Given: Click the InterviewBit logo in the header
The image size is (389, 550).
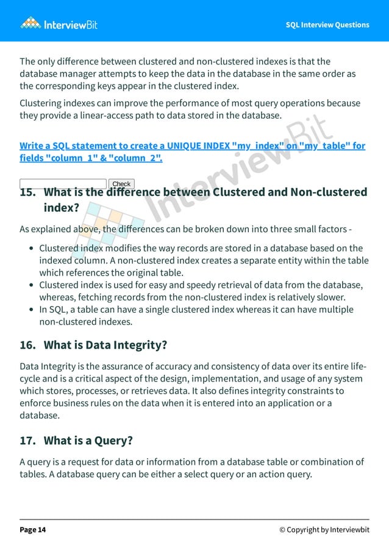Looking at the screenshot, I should (x=59, y=24).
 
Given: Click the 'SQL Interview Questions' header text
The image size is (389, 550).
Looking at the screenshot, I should (x=327, y=25).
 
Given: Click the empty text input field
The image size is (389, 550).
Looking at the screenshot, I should (x=63, y=184).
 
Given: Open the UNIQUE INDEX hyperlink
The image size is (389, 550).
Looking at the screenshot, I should (x=192, y=152).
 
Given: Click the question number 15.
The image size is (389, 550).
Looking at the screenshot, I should (x=28, y=193).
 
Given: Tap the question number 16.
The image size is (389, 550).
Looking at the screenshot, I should (x=28, y=346).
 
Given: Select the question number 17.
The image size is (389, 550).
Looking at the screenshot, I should (x=28, y=440).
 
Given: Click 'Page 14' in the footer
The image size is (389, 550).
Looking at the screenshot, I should (x=33, y=530).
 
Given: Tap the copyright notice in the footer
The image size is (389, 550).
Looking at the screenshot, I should (x=324, y=530).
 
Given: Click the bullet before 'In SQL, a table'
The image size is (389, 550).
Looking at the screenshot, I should (x=31, y=310).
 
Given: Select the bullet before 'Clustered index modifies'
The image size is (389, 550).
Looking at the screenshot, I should (x=31, y=249).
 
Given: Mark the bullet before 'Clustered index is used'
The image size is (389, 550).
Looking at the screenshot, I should (x=31, y=285).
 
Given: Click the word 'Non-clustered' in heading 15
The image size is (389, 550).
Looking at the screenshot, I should (x=329, y=193).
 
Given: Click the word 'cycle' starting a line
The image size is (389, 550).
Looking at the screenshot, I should (x=31, y=378).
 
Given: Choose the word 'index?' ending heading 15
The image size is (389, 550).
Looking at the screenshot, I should (x=62, y=208).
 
